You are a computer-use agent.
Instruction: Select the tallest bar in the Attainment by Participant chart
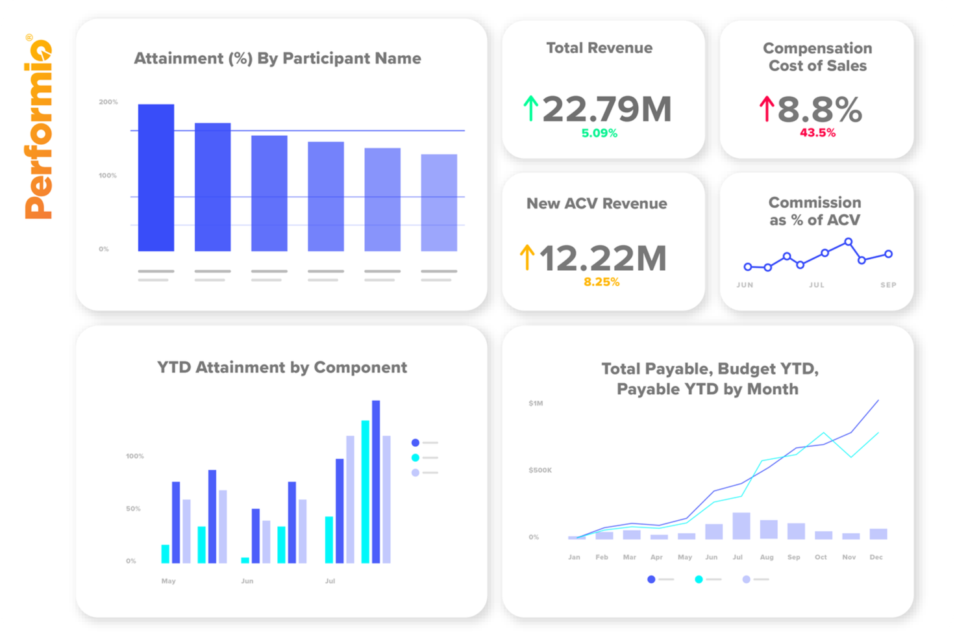coord(156,177)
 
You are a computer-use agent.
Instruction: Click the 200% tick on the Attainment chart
coord(108,102)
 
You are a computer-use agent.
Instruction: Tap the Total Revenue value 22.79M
coord(606,108)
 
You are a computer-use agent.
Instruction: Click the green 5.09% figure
coord(599,133)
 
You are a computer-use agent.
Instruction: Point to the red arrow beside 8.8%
coord(767,108)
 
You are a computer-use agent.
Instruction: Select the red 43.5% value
coord(817,132)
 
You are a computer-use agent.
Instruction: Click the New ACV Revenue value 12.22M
coord(602,258)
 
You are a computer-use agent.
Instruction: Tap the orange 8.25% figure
coord(601,282)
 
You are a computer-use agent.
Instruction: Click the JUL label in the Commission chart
coord(816,285)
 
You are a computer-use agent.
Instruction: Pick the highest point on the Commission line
coord(848,242)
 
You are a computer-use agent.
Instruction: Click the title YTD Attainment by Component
coord(282,368)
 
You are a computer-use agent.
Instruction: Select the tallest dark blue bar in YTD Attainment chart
coord(376,481)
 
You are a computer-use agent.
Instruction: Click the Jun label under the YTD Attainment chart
coord(247,581)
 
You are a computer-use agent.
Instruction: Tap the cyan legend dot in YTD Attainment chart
coord(415,458)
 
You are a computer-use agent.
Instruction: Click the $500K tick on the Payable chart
coord(540,470)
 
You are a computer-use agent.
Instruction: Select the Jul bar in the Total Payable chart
coord(741,526)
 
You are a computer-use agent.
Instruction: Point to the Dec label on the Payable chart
coord(876,557)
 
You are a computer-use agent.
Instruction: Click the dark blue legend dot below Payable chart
coord(651,579)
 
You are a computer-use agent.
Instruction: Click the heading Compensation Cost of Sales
coord(817,57)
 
